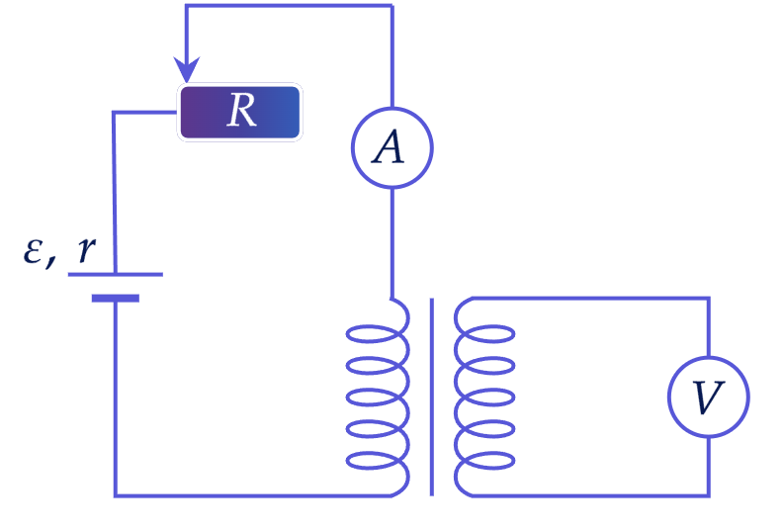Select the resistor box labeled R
[x=240, y=112]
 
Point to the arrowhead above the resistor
[x=187, y=69]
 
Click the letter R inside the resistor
[x=242, y=110]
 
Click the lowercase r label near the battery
[x=86, y=248]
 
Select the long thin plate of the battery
[x=116, y=274]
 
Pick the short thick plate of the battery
[x=116, y=299]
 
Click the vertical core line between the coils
[x=432, y=397]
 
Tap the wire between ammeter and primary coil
[x=392, y=243]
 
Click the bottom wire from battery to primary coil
[x=252, y=495]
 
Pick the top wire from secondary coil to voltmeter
[x=590, y=299]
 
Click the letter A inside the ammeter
[x=388, y=147]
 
